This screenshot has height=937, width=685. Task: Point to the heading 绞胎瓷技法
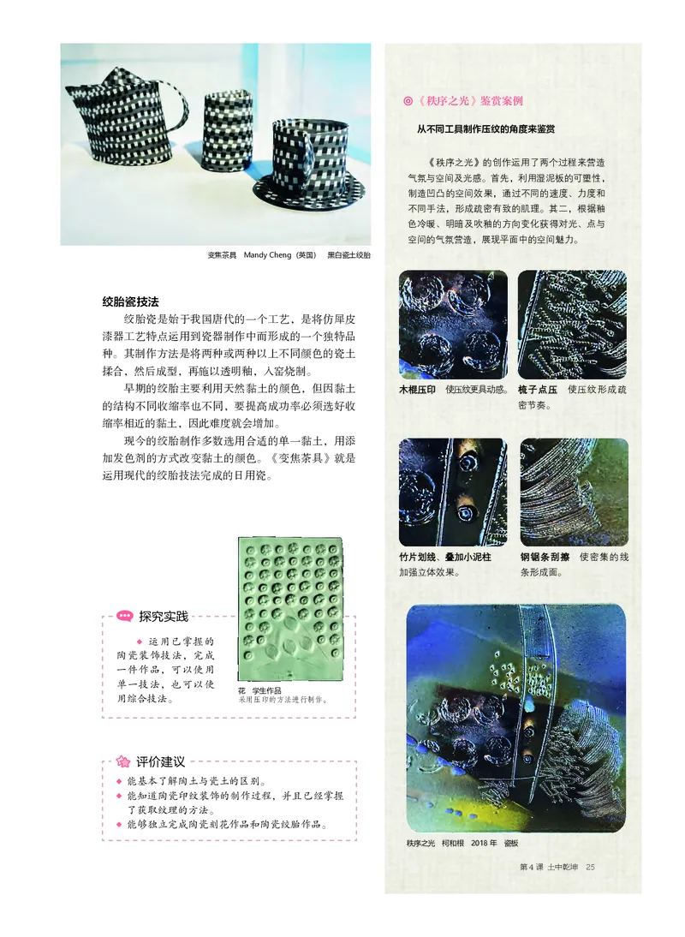[x=130, y=302]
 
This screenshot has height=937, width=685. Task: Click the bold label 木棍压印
[x=419, y=390]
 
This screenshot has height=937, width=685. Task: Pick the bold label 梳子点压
[x=538, y=390]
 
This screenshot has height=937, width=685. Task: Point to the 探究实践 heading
[x=163, y=616]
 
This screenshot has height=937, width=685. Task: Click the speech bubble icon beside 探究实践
[x=124, y=616]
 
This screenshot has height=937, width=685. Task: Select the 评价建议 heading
[x=160, y=761]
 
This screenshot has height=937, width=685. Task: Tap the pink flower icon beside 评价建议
[x=123, y=761]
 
